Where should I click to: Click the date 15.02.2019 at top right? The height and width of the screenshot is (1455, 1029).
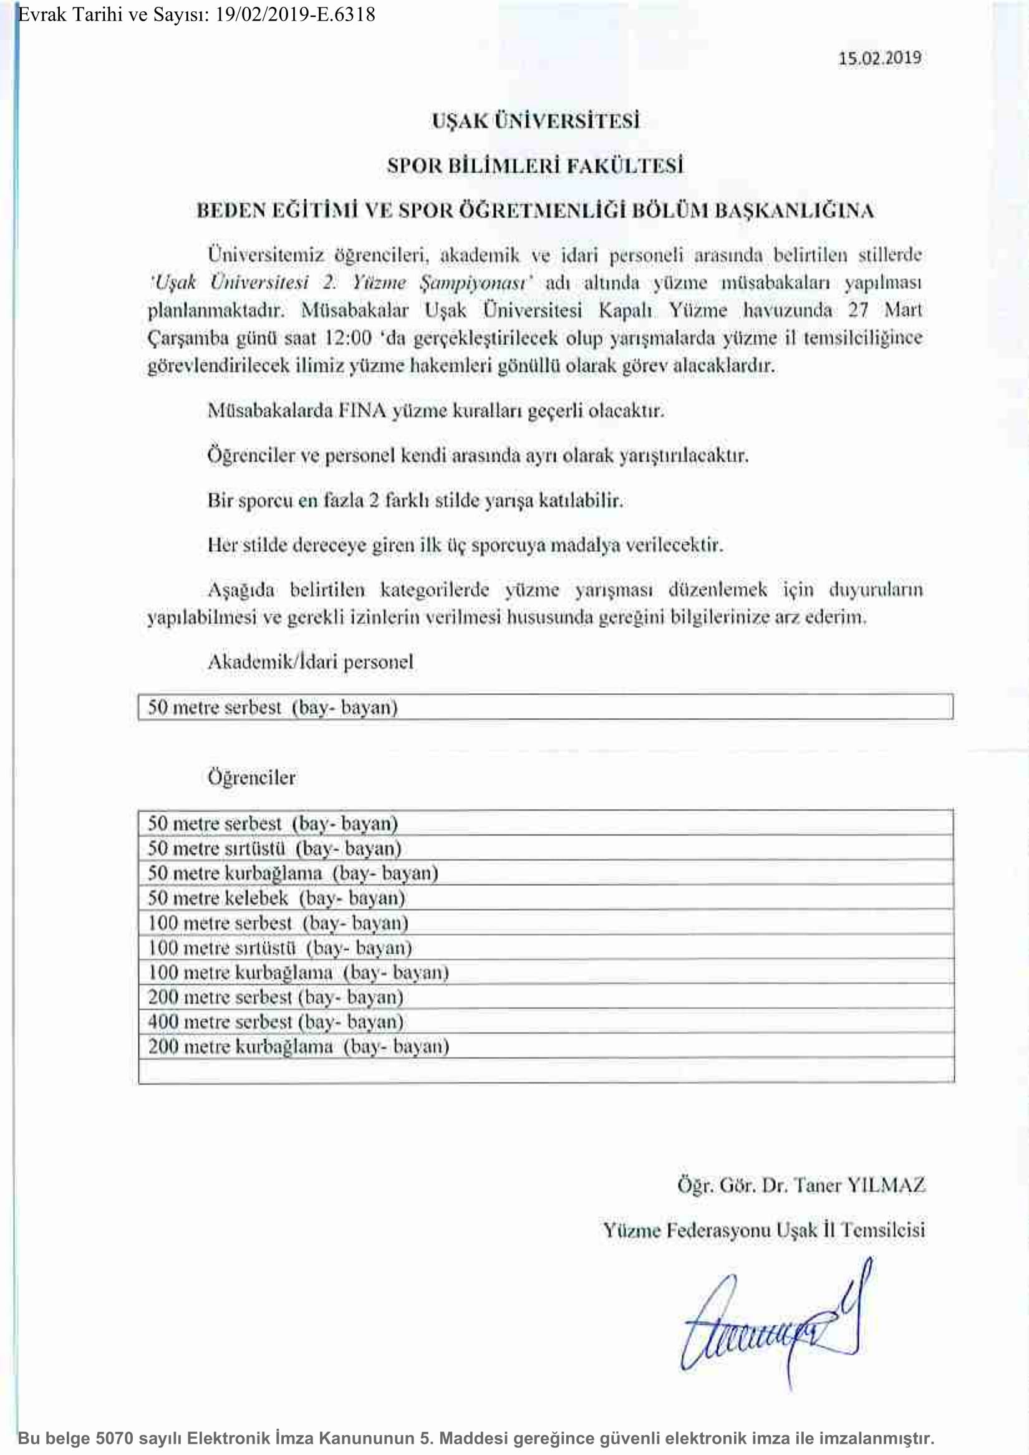coord(879,59)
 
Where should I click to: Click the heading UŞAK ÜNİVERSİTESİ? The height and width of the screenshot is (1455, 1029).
coord(535,120)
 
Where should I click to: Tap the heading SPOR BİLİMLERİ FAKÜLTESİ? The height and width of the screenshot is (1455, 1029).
coord(535,165)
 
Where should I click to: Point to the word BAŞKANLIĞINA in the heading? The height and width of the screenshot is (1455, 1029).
coord(795,210)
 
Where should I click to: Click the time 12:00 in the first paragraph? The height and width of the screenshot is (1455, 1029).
coord(347,338)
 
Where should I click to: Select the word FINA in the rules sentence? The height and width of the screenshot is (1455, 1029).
coord(362,411)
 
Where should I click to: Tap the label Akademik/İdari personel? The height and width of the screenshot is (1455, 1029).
coord(310,662)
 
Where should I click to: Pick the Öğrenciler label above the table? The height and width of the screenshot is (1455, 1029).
coord(252,777)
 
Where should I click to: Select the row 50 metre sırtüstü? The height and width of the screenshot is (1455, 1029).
coord(274,848)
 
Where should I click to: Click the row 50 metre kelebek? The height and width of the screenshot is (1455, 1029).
coord(276,898)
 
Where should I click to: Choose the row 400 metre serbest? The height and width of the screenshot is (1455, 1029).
coord(276,1022)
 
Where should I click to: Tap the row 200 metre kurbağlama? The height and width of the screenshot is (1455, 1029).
coord(299,1046)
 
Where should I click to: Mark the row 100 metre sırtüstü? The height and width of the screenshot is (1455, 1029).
coord(279,948)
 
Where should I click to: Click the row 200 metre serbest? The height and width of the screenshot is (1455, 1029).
coord(276,997)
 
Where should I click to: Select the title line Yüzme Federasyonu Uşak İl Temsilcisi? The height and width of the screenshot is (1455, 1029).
coord(763,1231)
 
